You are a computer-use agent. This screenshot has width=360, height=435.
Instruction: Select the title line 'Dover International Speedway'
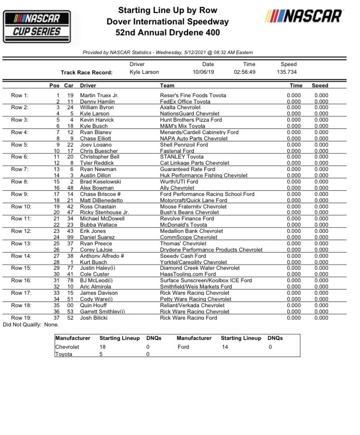point(167,22)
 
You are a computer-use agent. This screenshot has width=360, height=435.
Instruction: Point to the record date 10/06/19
point(203,72)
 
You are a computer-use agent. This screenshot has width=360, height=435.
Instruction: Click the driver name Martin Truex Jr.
point(99,96)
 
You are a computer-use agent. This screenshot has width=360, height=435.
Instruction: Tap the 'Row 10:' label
point(21,206)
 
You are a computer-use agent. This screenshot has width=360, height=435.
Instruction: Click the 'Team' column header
point(167,85)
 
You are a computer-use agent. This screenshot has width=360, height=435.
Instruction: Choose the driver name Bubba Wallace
point(99,225)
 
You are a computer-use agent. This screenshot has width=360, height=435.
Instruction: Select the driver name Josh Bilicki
point(95,318)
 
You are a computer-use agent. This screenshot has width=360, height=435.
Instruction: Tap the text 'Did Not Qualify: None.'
point(31,324)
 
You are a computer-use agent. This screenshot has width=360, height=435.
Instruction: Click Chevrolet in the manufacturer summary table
point(68,347)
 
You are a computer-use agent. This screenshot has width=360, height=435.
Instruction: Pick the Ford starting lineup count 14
point(224,347)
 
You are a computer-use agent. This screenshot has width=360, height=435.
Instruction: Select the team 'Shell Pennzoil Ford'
point(184,145)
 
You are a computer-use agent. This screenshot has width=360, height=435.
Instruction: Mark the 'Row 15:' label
point(21,268)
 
